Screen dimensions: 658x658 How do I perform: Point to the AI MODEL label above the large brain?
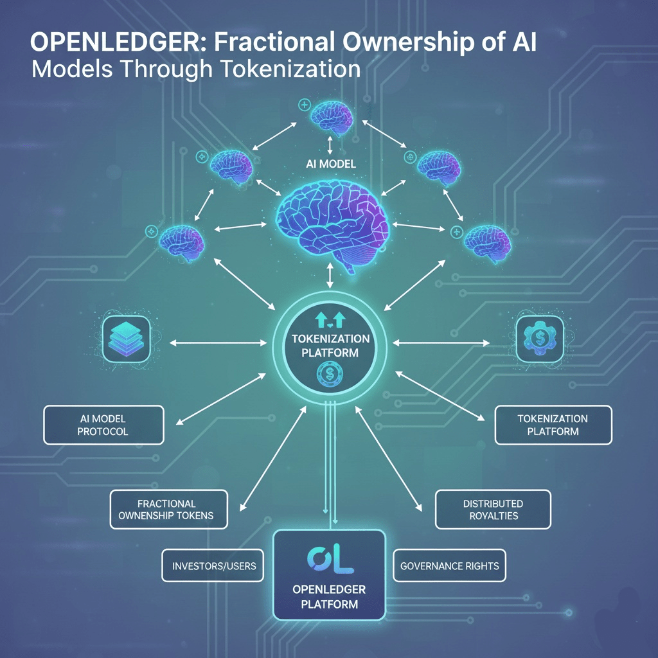pyautogui.click(x=330, y=164)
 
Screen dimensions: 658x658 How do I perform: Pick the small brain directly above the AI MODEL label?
pyautogui.click(x=332, y=116)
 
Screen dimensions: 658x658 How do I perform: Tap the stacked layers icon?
pyautogui.click(x=126, y=338)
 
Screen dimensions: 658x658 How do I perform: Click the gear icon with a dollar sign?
pyautogui.click(x=540, y=337)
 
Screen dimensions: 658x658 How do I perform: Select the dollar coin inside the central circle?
pyautogui.click(x=330, y=373)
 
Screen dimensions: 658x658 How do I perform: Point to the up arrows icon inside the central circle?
pyautogui.click(x=330, y=320)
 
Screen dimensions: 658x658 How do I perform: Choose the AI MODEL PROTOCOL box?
pyautogui.click(x=103, y=425)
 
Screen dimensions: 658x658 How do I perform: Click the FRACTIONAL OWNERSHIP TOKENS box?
pyautogui.click(x=169, y=510)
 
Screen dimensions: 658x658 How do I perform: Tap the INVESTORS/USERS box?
pyautogui.click(x=213, y=566)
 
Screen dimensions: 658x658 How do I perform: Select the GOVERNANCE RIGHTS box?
pyautogui.click(x=449, y=566)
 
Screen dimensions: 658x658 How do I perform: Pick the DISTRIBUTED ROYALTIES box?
pyautogui.click(x=493, y=510)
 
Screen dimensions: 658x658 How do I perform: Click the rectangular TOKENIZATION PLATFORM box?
pyautogui.click(x=553, y=425)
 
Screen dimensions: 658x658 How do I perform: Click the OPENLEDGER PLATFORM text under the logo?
pyautogui.click(x=329, y=597)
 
